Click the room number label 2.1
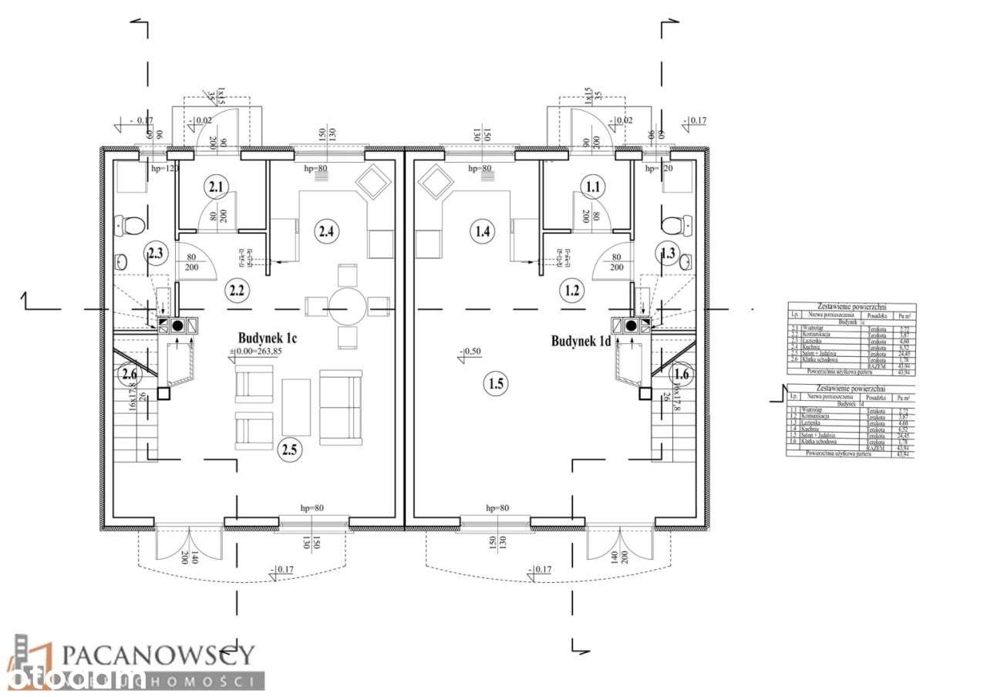[216, 187]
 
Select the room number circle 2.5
[291, 449]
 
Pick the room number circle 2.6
[129, 375]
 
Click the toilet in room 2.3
[133, 226]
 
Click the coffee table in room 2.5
[296, 406]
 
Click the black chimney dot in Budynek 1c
[177, 325]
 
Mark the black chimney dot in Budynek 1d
[632, 325]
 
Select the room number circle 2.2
[236, 291]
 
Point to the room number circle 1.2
[571, 291]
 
